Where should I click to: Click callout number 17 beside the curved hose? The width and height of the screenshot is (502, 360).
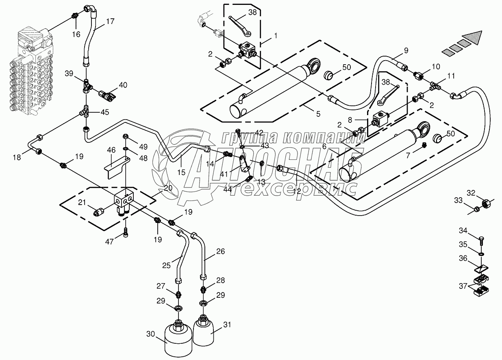click(x=111, y=21)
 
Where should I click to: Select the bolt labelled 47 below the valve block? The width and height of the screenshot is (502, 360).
click(x=126, y=233)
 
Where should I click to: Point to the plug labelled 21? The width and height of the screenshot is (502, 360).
click(x=99, y=212)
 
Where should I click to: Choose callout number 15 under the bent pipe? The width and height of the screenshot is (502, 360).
click(x=181, y=172)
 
